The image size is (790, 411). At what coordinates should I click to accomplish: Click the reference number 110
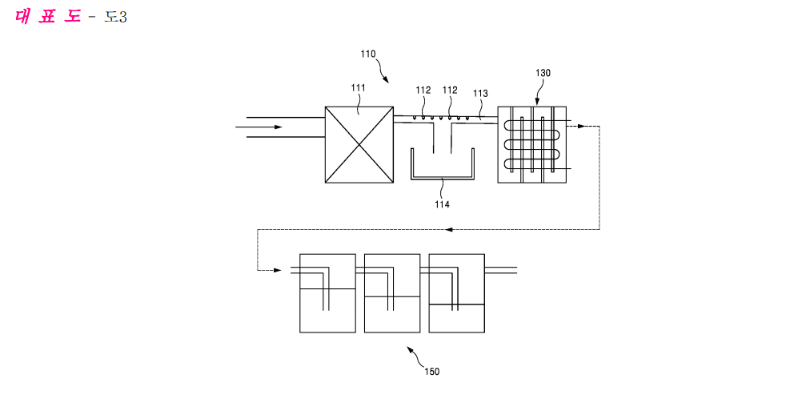tap(367, 54)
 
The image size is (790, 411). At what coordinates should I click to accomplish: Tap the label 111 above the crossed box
tap(358, 88)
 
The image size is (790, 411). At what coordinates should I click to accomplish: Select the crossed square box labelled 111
tap(359, 144)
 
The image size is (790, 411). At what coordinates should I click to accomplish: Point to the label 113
tap(480, 94)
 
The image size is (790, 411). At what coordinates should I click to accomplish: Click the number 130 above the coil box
tap(543, 73)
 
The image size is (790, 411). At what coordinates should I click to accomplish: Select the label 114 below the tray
tap(442, 204)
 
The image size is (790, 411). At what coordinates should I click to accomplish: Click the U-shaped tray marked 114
tap(442, 168)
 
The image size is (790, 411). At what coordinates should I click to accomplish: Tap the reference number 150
tap(431, 371)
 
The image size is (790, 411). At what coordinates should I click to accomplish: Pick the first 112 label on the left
tap(423, 90)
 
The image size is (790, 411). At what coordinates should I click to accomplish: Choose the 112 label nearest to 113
tap(450, 90)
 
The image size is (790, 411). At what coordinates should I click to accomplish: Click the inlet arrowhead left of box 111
tap(277, 127)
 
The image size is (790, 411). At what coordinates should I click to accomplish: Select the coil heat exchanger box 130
tap(531, 144)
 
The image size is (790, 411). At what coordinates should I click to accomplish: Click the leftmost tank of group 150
tap(327, 293)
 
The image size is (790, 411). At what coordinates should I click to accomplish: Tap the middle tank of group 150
tap(392, 293)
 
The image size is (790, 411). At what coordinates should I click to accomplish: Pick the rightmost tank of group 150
tap(456, 293)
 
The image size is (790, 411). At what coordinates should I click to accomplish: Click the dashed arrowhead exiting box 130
tap(582, 127)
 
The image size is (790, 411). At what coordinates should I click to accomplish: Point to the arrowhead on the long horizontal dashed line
tap(449, 230)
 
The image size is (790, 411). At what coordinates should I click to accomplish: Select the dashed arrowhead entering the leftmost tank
tap(277, 271)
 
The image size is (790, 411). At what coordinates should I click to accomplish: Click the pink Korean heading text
tap(48, 17)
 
